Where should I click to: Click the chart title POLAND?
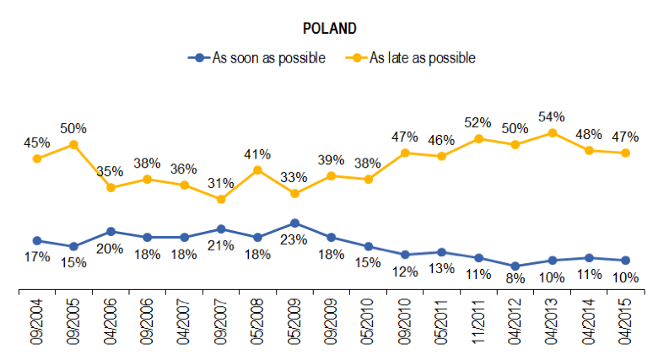pos(329,28)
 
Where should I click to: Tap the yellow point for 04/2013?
pos(552,132)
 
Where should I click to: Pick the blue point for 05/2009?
pos(294,223)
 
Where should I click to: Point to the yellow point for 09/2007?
pos(221,199)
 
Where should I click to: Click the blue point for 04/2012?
pos(515,266)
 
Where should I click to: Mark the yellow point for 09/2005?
pos(73,144)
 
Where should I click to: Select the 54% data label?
pos(552,116)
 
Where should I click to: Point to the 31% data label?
pos(221,183)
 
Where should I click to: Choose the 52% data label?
pos(478,122)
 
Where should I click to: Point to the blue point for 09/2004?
pos(36,240)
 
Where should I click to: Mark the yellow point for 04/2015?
pos(625,153)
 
